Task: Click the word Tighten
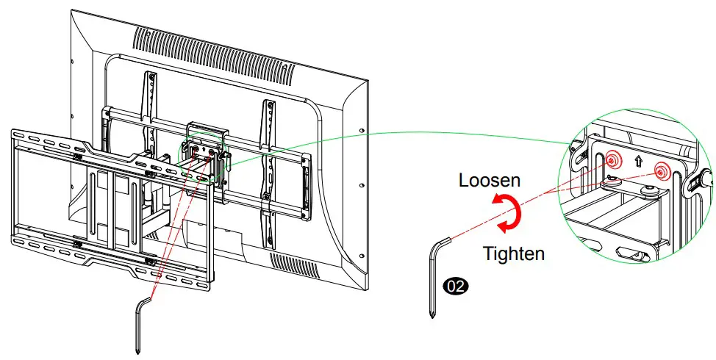pos(513,254)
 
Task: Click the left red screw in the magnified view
pos(612,160)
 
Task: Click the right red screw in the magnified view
pos(663,170)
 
